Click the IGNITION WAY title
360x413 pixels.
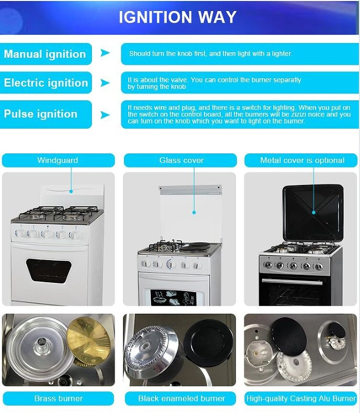pos(178,17)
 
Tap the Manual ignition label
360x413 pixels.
pos(45,54)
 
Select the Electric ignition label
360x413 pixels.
pos(46,82)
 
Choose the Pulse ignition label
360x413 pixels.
pos(40,114)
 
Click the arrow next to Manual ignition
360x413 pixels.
pos(105,53)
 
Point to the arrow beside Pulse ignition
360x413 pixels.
pos(105,115)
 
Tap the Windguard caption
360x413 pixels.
pos(58,160)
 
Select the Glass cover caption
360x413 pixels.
pos(181,160)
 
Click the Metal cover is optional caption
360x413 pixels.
pos(302,160)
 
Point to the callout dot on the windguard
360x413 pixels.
pos(71,191)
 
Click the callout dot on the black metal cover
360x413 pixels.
pos(314,212)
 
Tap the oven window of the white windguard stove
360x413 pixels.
pos(49,271)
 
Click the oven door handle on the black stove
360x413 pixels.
pos(292,282)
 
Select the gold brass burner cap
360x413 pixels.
pos(88,340)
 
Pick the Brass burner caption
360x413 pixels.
pos(58,398)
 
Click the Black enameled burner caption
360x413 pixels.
pos(182,398)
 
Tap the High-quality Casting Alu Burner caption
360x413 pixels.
pos(301,398)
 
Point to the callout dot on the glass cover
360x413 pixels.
pos(194,212)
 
